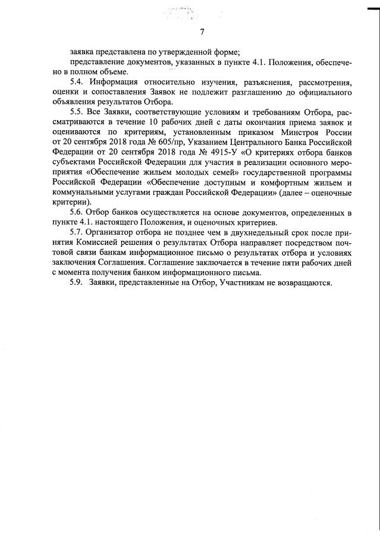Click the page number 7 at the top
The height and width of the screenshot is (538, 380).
tap(202, 32)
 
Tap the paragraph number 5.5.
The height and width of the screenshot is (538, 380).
tap(77, 112)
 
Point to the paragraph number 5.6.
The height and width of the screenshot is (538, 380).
tap(77, 212)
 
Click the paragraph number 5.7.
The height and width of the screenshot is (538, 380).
tap(77, 232)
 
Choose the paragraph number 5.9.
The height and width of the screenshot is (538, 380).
tap(77, 282)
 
